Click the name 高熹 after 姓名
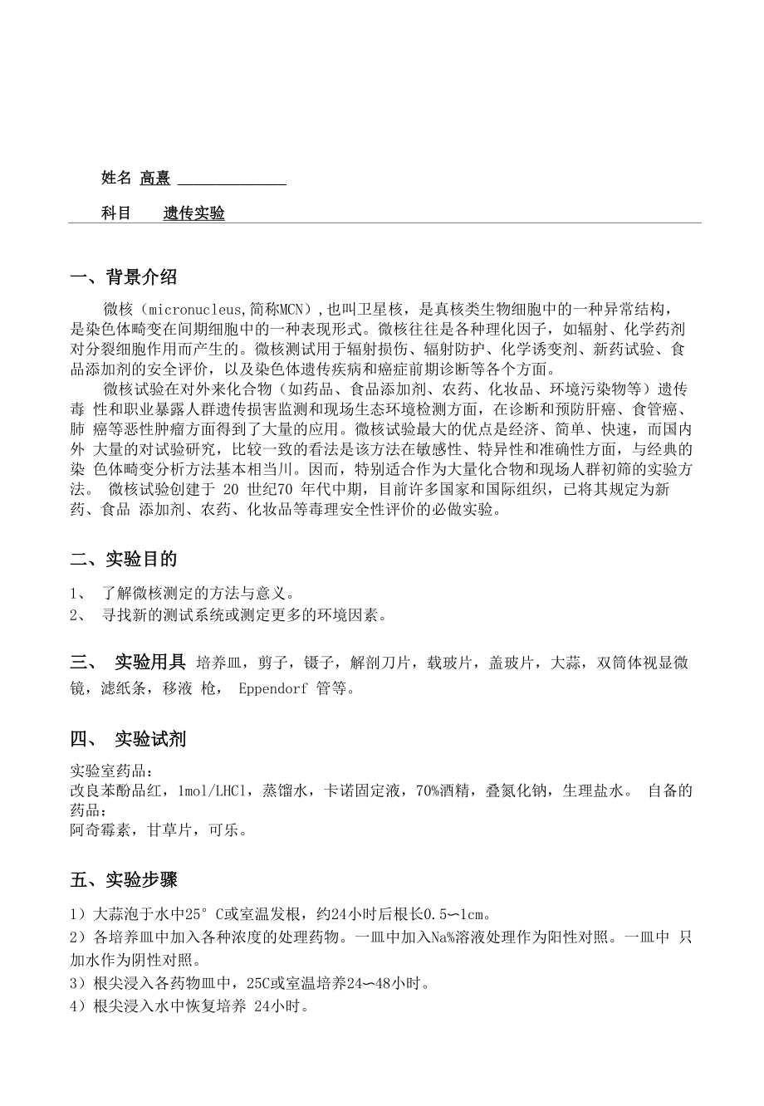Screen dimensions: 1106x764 point(154,178)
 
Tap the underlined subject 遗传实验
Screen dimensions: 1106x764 point(193,213)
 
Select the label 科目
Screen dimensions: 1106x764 point(116,213)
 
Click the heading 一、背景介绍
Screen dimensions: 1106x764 point(124,276)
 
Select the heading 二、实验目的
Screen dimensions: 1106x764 point(124,559)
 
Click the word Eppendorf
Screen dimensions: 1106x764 point(273,688)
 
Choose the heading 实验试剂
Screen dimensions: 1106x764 point(149,738)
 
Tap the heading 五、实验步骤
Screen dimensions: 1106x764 point(124,878)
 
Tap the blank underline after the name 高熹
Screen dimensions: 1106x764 point(232,181)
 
